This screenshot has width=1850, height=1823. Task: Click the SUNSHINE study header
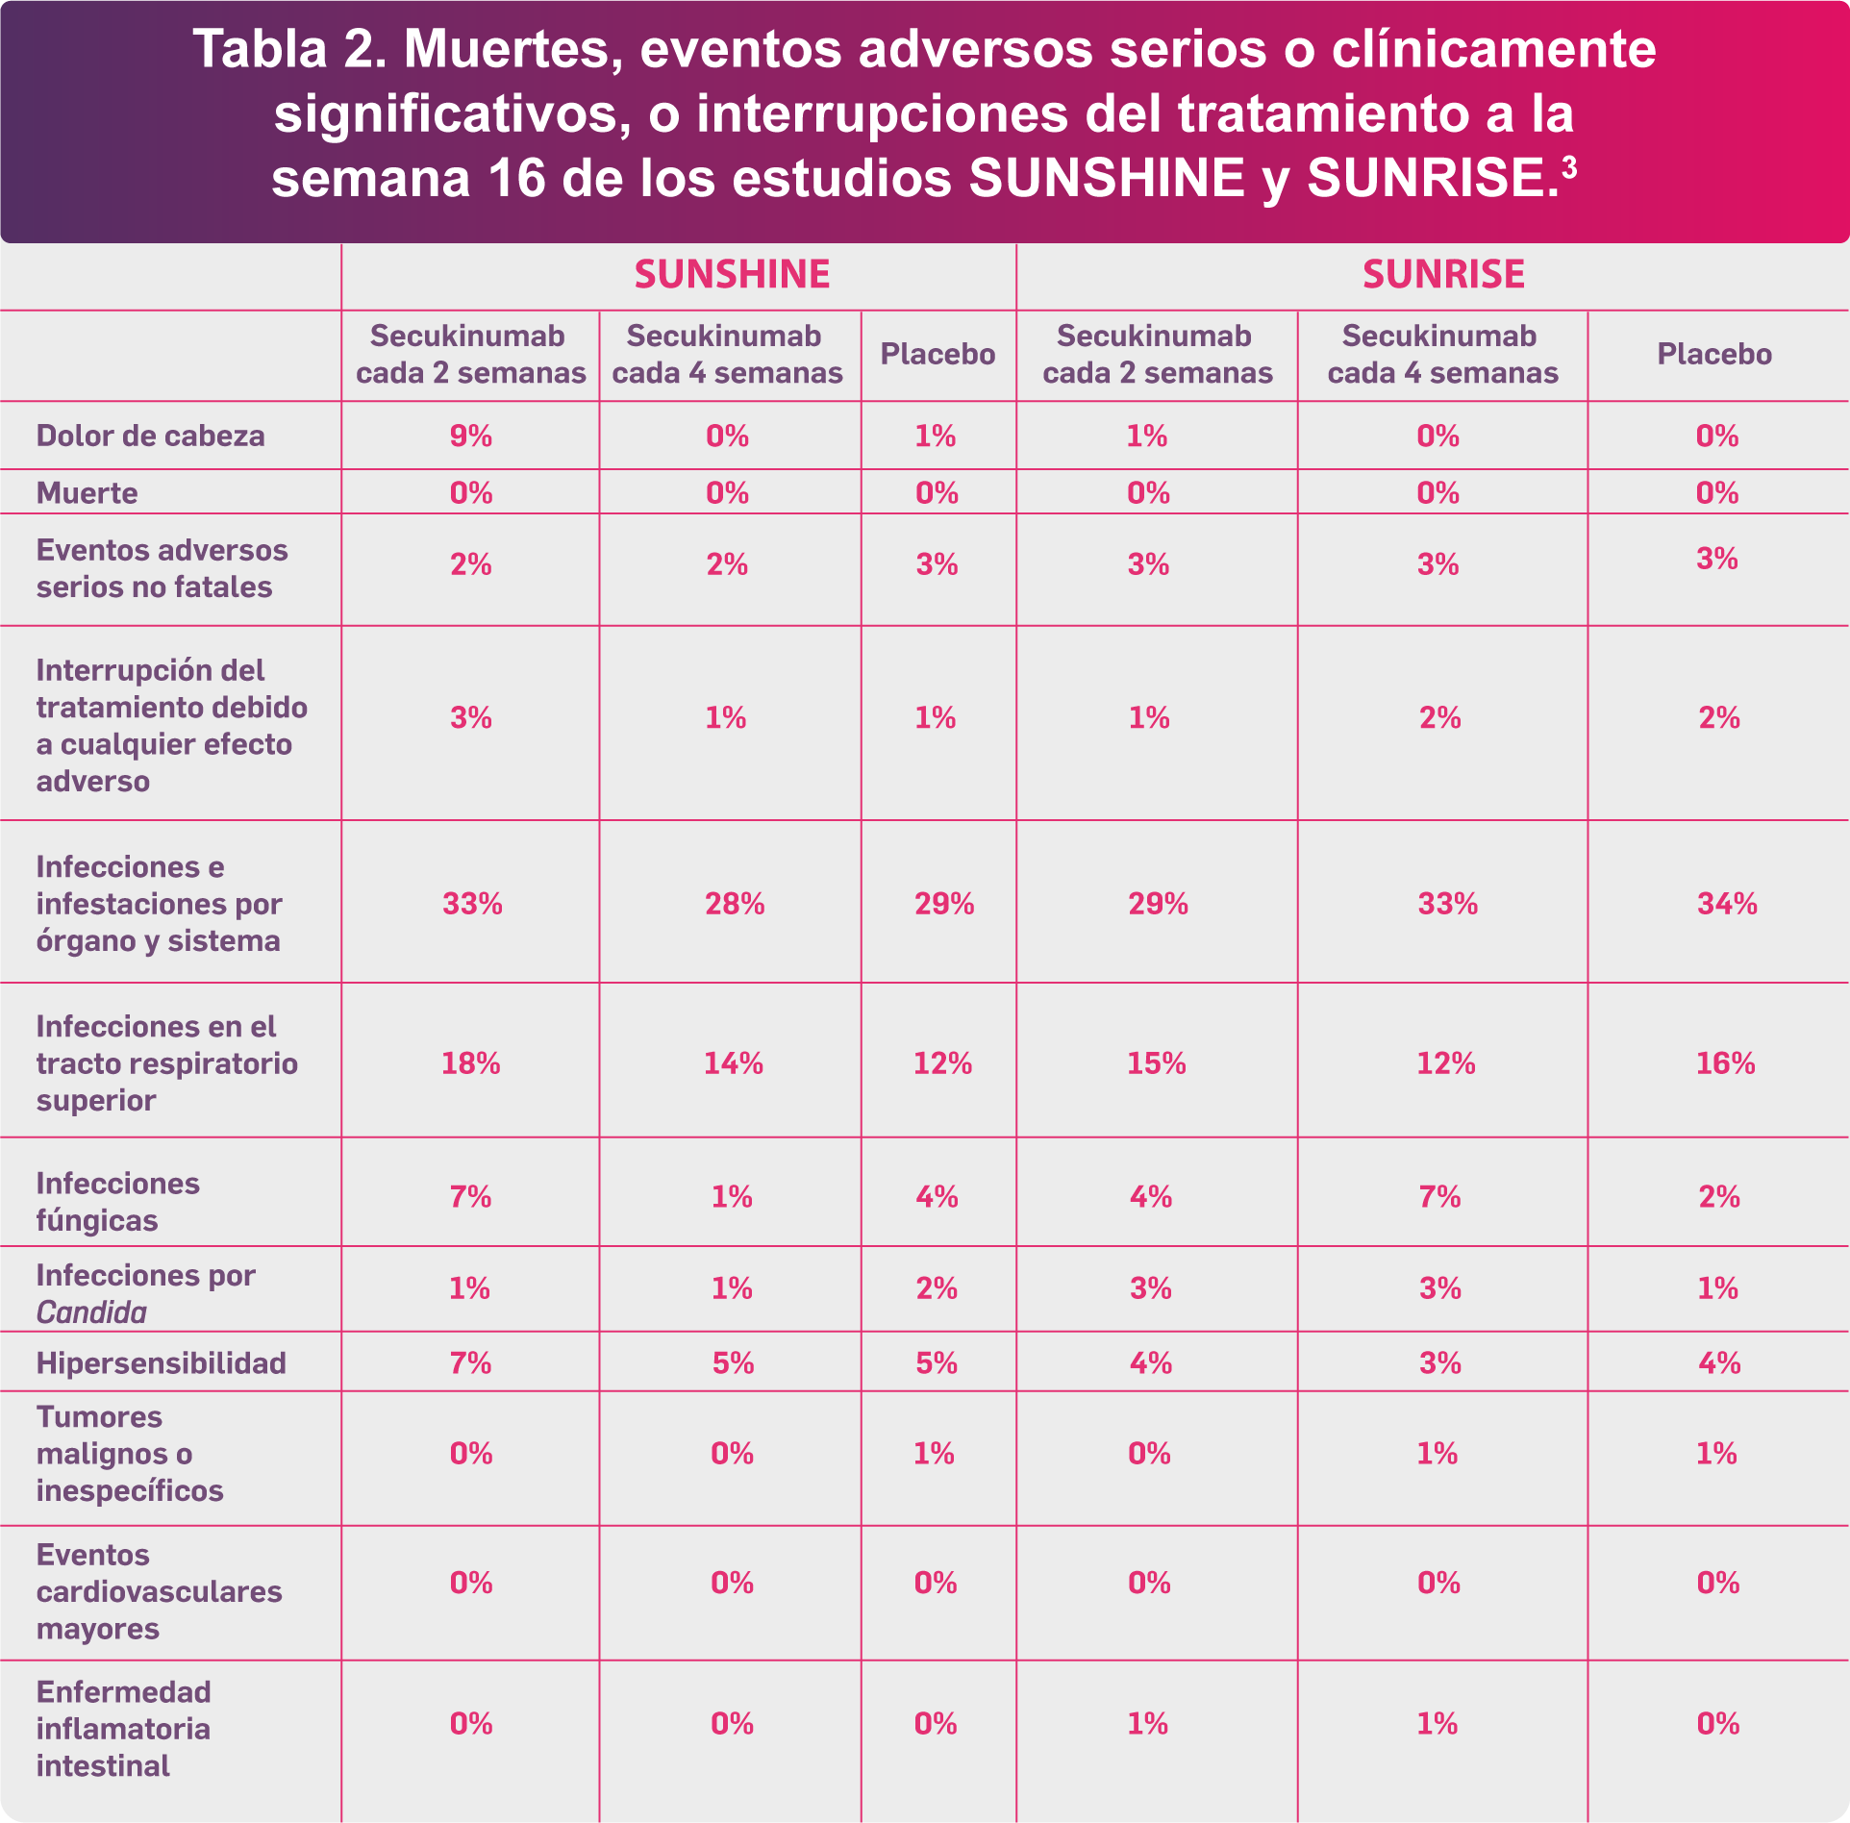tap(732, 275)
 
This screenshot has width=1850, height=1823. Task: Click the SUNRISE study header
tap(1443, 275)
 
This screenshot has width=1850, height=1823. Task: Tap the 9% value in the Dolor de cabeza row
tap(471, 437)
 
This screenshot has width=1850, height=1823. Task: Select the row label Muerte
tap(87, 493)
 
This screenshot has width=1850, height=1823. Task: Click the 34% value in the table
tap(1727, 904)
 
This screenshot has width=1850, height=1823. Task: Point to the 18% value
tap(471, 1063)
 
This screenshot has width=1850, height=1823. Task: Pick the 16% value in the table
tap(1726, 1063)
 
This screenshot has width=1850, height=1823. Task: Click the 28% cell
tap(735, 904)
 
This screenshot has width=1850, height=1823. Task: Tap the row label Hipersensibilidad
tap(162, 1363)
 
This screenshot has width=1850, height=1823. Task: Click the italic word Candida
tap(91, 1312)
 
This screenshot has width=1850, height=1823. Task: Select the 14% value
tap(734, 1063)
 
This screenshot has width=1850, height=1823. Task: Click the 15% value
tap(1157, 1063)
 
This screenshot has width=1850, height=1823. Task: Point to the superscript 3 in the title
tap(1569, 167)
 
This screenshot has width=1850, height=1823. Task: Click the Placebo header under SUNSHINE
tap(937, 355)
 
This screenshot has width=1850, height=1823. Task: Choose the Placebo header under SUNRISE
tap(1714, 355)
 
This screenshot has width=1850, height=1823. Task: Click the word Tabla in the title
tap(261, 49)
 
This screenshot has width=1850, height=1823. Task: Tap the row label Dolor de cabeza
tap(150, 436)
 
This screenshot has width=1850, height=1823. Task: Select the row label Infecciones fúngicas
tap(118, 1202)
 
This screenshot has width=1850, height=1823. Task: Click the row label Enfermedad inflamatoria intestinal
tap(123, 1729)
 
